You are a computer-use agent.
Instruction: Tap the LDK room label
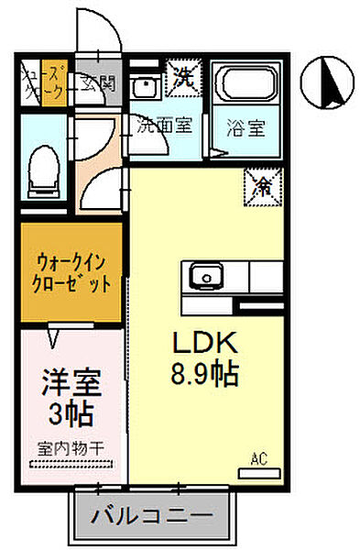(x=207, y=344)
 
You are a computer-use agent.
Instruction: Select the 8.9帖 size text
(x=207, y=372)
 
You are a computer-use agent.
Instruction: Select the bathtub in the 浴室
(x=246, y=84)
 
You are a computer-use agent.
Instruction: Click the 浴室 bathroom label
(x=246, y=127)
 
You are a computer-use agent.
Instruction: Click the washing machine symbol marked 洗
(x=183, y=76)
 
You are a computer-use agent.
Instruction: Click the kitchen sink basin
(x=203, y=273)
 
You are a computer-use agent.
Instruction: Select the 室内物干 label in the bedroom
(x=69, y=449)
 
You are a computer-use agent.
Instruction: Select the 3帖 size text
(x=68, y=415)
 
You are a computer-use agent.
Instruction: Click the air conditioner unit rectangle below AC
(x=257, y=472)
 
